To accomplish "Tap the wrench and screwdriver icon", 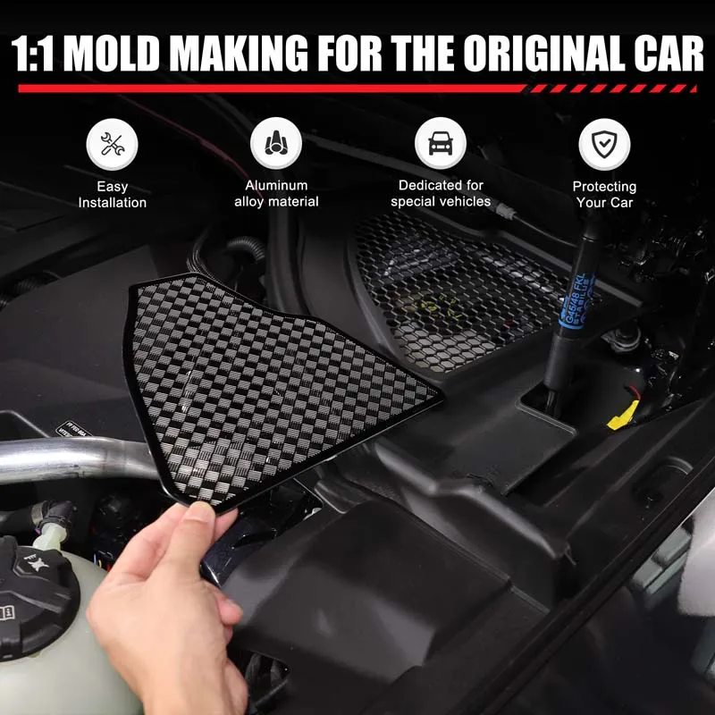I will [112, 145].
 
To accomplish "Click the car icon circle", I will [440, 144].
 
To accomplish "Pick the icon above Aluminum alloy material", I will [276, 144].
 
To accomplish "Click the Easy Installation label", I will [112, 195].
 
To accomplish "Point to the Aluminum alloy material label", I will [276, 194].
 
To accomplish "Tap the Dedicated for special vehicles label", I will [440, 194].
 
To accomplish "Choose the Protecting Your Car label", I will [604, 195].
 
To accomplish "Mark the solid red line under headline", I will [268, 88].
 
